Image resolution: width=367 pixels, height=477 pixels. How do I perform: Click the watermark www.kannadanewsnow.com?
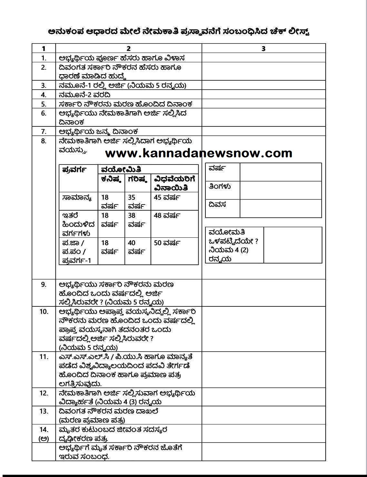[x=199, y=153]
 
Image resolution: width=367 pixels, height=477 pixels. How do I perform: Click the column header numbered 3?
[x=263, y=48]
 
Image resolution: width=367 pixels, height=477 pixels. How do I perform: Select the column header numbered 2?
[x=128, y=48]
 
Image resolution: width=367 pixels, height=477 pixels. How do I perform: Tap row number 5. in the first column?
[x=44, y=104]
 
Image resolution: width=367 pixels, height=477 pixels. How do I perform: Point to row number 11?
[x=44, y=357]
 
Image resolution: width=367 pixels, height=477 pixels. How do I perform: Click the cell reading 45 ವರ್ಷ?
[x=167, y=197]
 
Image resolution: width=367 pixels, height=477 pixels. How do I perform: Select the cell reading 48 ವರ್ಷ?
[x=167, y=215]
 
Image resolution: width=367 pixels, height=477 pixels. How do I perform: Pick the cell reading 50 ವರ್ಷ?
[x=167, y=243]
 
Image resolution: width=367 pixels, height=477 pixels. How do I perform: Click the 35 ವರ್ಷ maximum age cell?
[x=136, y=201]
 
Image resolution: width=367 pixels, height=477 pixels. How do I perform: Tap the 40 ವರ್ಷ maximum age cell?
[x=136, y=247]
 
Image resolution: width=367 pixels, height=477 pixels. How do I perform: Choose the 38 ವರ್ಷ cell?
[x=136, y=220]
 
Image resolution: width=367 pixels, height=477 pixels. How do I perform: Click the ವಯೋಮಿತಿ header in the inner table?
[x=121, y=169]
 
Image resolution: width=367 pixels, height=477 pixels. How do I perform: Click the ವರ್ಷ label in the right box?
[x=217, y=168]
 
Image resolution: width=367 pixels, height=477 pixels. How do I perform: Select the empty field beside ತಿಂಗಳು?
[x=281, y=190]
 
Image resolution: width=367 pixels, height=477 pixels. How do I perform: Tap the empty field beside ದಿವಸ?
[x=281, y=208]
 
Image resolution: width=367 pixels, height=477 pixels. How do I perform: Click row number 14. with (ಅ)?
[x=44, y=434]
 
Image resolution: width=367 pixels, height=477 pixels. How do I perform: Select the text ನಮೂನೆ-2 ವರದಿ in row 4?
[x=85, y=95]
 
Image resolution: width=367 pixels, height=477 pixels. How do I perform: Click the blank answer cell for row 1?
[x=263, y=58]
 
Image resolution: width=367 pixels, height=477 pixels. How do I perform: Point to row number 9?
[x=44, y=284]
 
